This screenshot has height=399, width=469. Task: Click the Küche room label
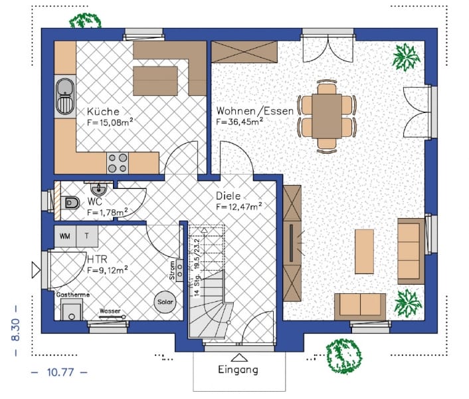tap(103, 112)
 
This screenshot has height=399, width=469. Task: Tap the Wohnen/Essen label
tap(254, 111)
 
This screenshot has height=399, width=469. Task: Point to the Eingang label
tap(237, 369)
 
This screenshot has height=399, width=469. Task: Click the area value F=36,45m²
tap(239, 122)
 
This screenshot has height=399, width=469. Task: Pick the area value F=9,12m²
tap(107, 270)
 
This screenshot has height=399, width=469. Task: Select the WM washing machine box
tap(65, 236)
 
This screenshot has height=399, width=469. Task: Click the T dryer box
tap(86, 236)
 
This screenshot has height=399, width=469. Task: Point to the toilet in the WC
tap(69, 203)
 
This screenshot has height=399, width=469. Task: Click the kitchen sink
tap(64, 96)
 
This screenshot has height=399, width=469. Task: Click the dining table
tap(326, 116)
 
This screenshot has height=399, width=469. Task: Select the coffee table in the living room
tap(364, 251)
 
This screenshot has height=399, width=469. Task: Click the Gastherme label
tap(73, 295)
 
